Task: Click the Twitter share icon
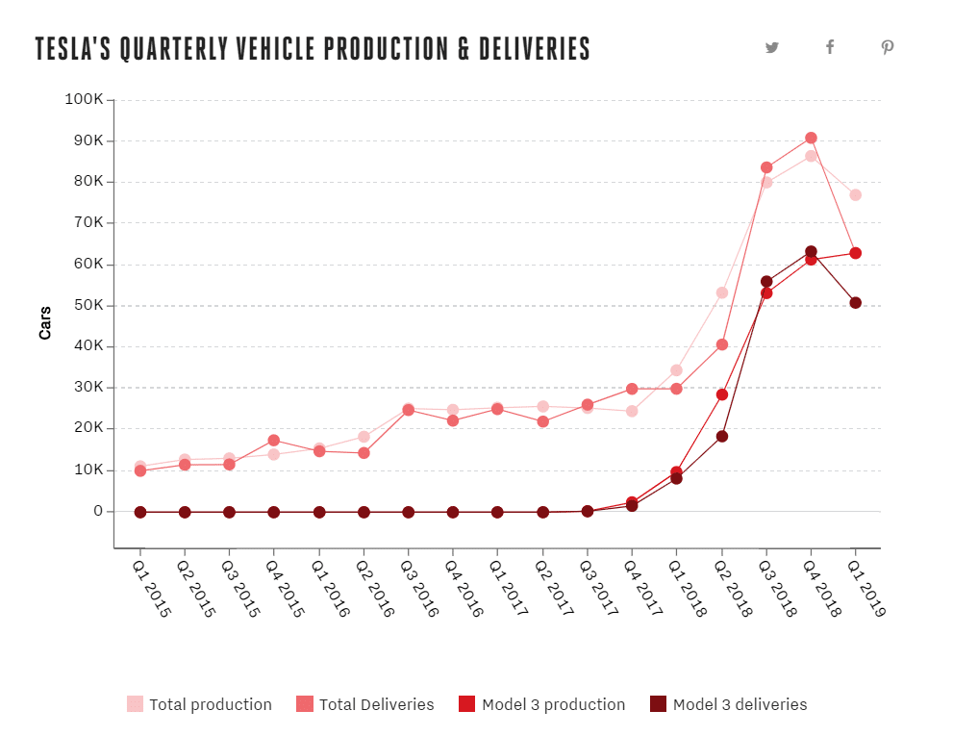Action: tap(772, 47)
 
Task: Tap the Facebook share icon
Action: tap(830, 47)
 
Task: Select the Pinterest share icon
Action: tap(887, 47)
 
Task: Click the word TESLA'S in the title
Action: tap(73, 49)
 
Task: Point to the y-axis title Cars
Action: tap(45, 322)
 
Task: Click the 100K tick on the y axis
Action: tap(85, 99)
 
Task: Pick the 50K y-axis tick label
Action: tap(88, 305)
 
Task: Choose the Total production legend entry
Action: tap(200, 704)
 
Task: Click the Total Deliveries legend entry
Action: tap(365, 704)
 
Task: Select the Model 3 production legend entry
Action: tap(542, 704)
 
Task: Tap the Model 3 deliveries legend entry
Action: tap(729, 704)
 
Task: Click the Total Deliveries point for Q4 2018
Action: tap(811, 138)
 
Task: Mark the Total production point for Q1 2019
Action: tap(855, 195)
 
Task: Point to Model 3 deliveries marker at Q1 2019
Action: tap(855, 303)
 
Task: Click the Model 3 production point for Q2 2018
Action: tap(722, 394)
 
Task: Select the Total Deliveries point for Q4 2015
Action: tap(274, 441)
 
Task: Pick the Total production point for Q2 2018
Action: tap(722, 292)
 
